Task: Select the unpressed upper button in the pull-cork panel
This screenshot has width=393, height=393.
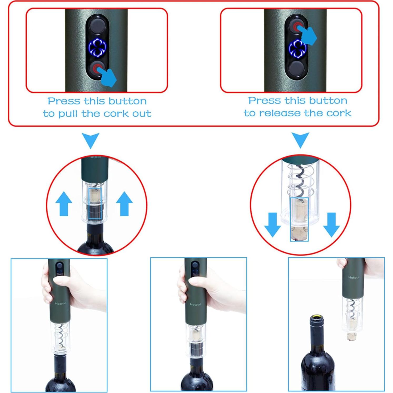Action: click(97, 26)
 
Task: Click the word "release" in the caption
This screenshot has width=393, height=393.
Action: click(280, 113)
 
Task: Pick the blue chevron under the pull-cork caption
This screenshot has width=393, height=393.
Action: click(90, 140)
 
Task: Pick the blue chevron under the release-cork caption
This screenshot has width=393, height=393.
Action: click(300, 139)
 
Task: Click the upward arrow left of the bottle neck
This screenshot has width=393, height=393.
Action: click(64, 204)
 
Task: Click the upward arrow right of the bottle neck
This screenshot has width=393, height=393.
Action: click(124, 204)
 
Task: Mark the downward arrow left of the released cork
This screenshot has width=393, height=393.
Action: click(272, 224)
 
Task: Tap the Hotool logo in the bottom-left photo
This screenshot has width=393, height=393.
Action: click(60, 304)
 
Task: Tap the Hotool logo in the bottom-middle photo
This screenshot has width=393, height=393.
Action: click(195, 304)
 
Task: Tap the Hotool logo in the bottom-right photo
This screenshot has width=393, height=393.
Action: click(354, 277)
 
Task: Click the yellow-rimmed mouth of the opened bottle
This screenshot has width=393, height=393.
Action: click(316, 317)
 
